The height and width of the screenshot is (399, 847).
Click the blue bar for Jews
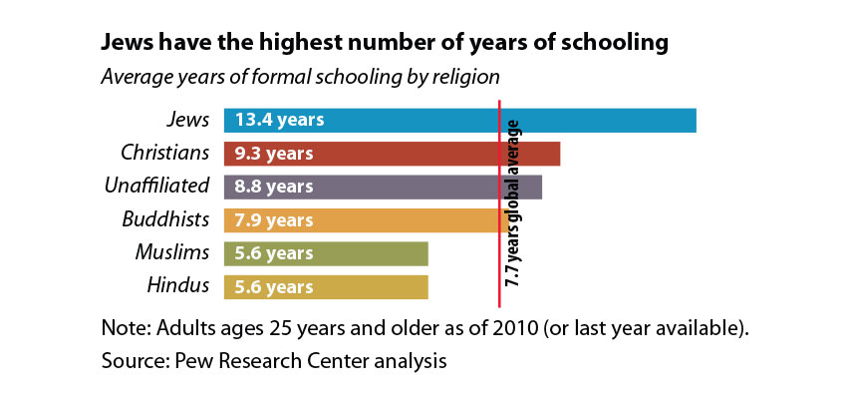459,120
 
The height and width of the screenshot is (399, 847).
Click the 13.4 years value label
280,120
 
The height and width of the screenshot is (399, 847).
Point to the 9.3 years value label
274,154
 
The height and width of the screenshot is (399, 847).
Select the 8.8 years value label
274,187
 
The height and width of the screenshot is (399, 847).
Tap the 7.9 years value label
274,219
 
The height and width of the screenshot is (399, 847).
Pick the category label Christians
164,153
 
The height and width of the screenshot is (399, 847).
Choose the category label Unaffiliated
157,186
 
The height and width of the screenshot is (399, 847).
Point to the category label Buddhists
165,219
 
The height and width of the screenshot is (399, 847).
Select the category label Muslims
171,252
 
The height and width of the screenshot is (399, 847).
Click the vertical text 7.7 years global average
513,203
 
